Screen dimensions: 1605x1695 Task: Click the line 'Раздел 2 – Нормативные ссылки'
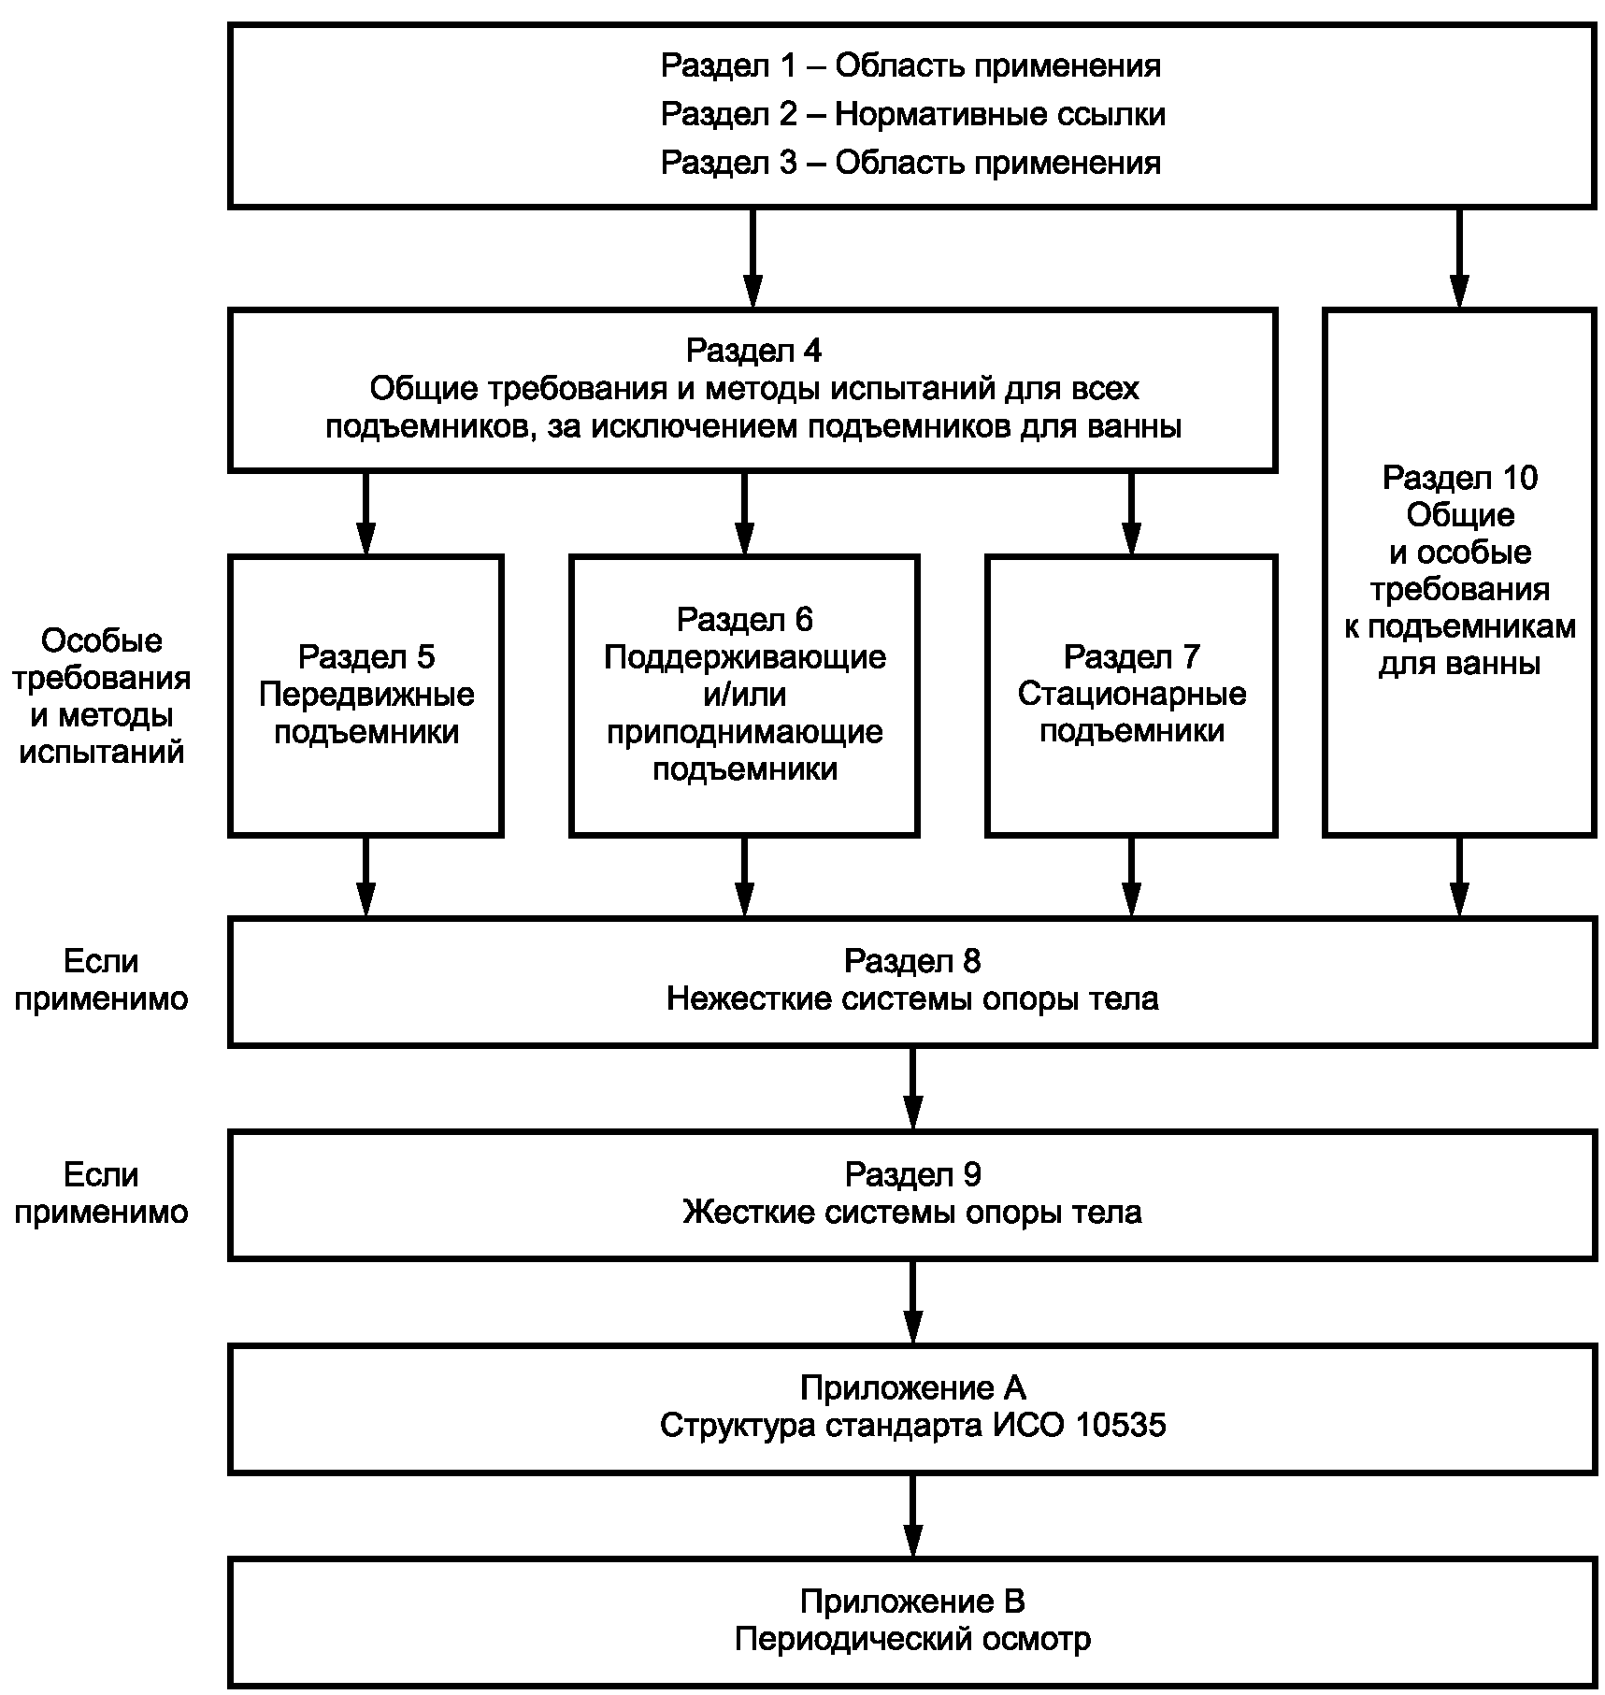point(912,114)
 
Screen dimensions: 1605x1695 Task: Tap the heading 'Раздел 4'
point(753,351)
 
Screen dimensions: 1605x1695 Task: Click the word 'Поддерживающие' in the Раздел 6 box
point(745,657)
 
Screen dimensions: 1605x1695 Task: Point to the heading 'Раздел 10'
point(1459,478)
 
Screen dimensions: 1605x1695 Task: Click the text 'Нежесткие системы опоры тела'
point(912,999)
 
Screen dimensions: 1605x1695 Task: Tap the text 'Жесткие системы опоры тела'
point(912,1213)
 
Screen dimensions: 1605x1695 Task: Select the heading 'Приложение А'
point(912,1388)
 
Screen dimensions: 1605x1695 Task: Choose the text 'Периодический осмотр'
point(912,1640)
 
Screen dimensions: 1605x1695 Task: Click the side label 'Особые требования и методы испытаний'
point(101,697)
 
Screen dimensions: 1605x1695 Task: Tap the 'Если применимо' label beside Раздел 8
point(101,980)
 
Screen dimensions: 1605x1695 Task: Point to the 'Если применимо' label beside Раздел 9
point(101,1193)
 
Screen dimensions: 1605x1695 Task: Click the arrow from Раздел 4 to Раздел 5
point(366,513)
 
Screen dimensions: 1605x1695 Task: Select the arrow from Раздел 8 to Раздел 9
point(913,1088)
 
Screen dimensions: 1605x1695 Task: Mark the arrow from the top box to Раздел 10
point(1459,258)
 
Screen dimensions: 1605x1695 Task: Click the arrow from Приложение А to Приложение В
point(913,1515)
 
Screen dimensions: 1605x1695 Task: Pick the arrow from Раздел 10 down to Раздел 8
point(1459,877)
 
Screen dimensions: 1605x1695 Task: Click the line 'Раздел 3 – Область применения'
point(911,163)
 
